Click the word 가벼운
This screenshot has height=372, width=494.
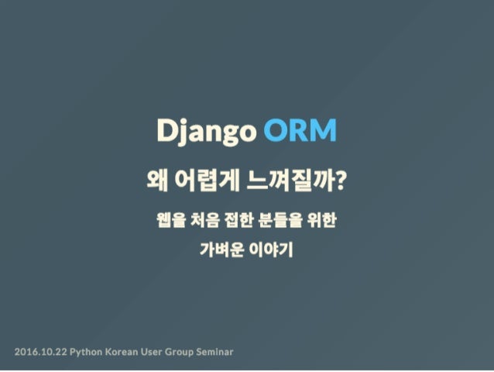tap(219, 250)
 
